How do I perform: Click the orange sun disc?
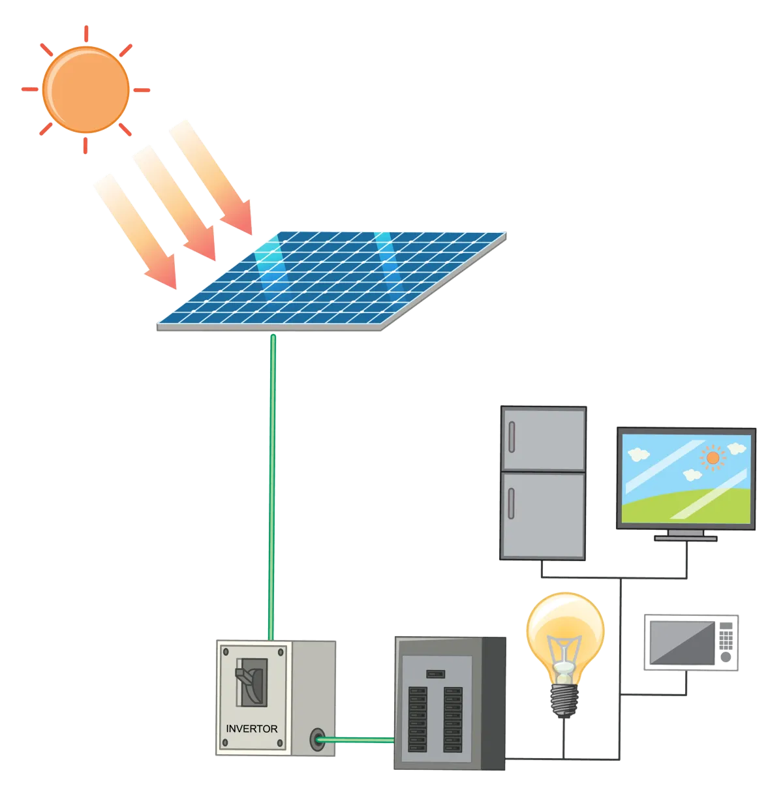85,89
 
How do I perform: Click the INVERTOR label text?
251,729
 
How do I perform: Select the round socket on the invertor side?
318,739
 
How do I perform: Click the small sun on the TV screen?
713,458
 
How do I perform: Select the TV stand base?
686,538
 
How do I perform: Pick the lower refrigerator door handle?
512,502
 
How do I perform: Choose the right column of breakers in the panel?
452,718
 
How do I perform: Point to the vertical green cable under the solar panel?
271,483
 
